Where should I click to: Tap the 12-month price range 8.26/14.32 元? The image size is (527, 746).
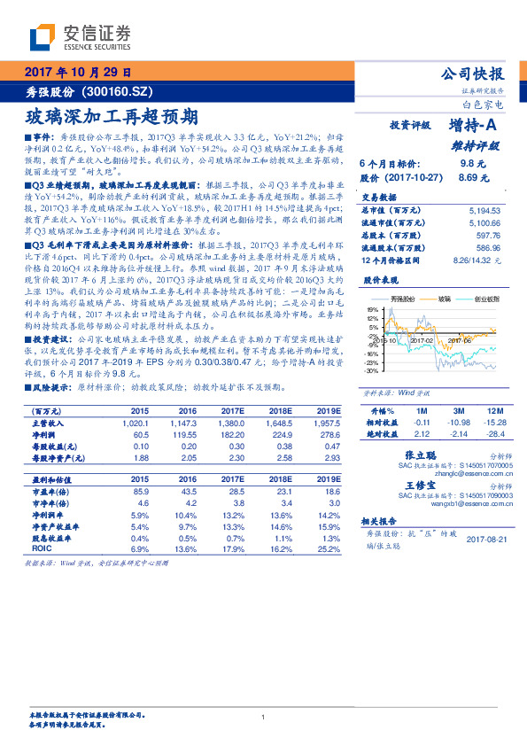[x=477, y=260]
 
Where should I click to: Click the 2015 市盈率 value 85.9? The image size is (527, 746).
[x=140, y=491]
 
